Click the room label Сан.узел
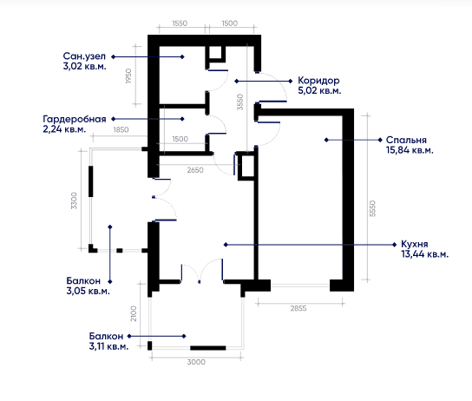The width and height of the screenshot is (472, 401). point(84,56)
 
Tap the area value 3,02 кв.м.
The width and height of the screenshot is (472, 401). point(84,66)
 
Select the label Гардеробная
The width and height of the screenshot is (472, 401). point(75,119)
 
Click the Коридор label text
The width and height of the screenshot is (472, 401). point(318,81)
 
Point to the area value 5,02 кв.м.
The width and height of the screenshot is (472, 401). point(319,90)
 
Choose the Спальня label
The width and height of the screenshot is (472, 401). point(406,140)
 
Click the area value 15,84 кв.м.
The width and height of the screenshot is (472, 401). point(410,150)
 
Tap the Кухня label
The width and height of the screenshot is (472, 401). point(414,244)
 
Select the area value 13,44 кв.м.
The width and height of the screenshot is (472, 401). point(424,254)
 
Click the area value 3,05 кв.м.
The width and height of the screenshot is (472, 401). point(88,291)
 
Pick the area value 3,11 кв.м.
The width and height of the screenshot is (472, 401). point(108,346)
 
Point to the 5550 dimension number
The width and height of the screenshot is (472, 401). point(373,208)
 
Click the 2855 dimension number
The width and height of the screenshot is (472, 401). point(298,308)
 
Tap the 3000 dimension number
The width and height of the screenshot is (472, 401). point(196,362)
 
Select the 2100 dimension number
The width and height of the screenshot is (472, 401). point(134,313)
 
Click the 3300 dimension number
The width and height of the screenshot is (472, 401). point(74,200)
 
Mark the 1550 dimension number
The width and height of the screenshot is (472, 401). point(180,23)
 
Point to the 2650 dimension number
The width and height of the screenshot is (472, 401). point(195,170)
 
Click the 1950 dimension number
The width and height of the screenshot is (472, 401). point(128,76)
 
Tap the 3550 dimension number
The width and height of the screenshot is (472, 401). point(240,102)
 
